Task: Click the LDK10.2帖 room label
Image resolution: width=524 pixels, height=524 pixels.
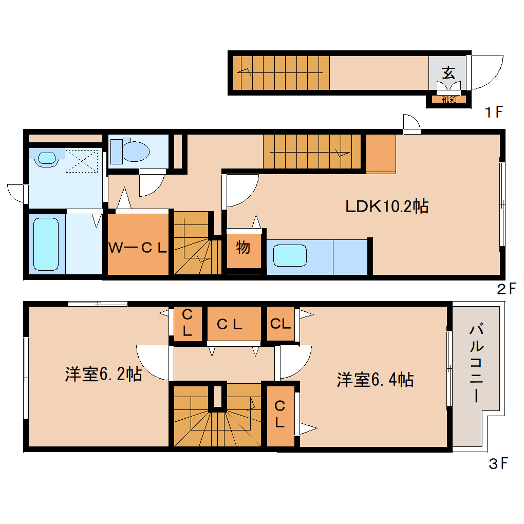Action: pos(386,207)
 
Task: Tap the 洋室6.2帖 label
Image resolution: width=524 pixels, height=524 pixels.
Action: pos(103,375)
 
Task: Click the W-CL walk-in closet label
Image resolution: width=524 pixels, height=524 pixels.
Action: pos(138,248)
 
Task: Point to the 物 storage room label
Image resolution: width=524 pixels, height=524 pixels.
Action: pos(243,247)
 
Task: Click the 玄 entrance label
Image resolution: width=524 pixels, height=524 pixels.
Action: pos(448,72)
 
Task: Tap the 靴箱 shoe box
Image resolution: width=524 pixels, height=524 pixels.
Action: pos(448,99)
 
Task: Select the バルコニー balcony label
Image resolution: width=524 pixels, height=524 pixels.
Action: pos(475,362)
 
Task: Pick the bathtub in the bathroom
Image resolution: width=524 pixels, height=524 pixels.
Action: pos(46,244)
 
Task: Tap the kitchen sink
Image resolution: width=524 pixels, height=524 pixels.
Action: pos(290,255)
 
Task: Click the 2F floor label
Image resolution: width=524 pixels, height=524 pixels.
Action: pos(506,289)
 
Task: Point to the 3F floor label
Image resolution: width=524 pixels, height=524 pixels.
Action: pos(497,464)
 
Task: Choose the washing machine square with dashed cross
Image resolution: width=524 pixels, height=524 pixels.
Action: pos(82,161)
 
